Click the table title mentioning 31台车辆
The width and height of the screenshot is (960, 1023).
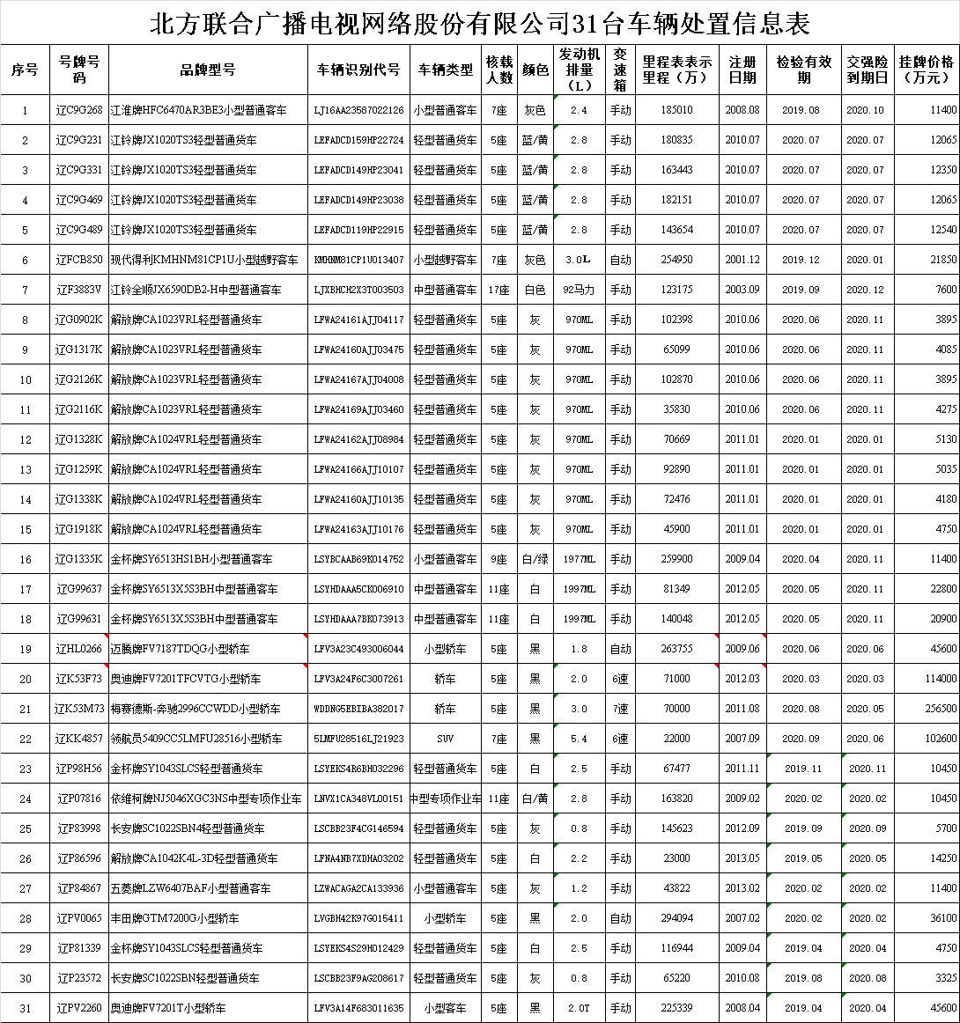(x=480, y=23)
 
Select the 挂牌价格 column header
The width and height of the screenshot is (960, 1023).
(x=927, y=70)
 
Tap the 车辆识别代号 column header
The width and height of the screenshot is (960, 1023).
(x=358, y=70)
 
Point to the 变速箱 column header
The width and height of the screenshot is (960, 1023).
(x=620, y=70)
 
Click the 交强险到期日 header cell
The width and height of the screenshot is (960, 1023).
(x=868, y=70)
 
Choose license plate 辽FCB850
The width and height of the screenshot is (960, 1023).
(x=79, y=260)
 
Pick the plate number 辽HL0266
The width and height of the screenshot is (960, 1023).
(x=79, y=649)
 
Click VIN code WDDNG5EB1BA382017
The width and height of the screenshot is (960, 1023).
(x=358, y=709)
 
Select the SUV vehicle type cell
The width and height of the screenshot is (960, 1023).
(x=445, y=739)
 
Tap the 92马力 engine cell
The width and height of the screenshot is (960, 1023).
(x=579, y=290)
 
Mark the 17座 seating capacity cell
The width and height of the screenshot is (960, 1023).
(x=498, y=290)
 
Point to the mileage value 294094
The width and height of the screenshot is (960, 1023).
(x=676, y=918)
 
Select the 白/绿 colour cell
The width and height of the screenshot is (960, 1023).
(x=535, y=559)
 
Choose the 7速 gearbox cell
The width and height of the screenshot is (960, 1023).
(x=620, y=709)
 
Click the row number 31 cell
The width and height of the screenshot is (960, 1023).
(x=25, y=1008)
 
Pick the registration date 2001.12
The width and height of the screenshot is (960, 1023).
(x=742, y=260)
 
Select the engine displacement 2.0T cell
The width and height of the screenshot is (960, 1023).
(x=579, y=1008)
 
